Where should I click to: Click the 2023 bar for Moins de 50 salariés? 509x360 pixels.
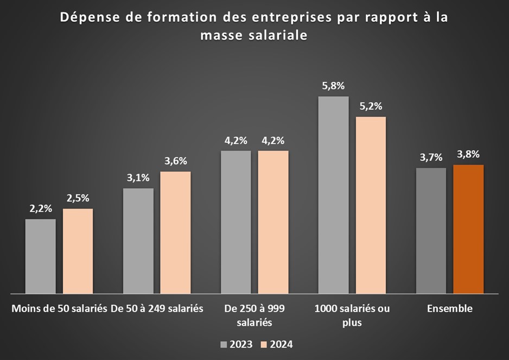(40, 256)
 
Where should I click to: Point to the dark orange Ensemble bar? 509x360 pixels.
(468, 229)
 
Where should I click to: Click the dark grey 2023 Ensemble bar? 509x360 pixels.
(431, 230)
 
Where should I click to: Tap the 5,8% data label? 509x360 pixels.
(333, 86)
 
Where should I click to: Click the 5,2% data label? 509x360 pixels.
(371, 106)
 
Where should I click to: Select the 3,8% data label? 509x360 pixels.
(468, 154)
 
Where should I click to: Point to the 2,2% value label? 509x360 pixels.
(40, 209)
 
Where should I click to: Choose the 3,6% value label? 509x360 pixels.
(175, 161)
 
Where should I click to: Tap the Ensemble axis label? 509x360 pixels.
(449, 308)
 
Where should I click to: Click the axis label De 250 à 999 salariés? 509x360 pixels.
(254, 315)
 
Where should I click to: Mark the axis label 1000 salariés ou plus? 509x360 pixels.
(352, 315)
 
